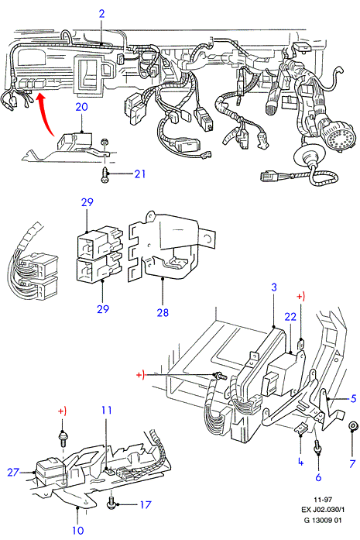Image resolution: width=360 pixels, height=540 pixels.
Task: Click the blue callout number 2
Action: (101, 14)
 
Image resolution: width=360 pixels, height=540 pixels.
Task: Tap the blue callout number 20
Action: (81, 107)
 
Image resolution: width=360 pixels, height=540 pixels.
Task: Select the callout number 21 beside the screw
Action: (139, 174)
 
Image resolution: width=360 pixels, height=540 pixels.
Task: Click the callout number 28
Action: (163, 312)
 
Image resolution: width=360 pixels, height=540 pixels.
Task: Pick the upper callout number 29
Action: (87, 201)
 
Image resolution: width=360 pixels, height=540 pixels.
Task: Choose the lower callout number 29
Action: (103, 309)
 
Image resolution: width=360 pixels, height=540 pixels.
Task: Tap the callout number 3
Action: (274, 287)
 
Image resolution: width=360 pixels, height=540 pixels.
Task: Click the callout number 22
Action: (290, 317)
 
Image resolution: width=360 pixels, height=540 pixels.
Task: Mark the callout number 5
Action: (353, 398)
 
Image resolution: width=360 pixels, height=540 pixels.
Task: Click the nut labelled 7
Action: (352, 426)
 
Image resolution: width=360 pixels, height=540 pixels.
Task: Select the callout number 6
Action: (318, 477)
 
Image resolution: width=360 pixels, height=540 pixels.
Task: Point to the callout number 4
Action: (301, 462)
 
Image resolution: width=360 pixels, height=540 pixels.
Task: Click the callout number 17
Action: (146, 504)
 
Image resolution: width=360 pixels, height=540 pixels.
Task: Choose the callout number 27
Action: (13, 472)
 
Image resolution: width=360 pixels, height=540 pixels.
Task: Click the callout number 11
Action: (107, 410)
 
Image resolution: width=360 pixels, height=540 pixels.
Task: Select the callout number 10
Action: (77, 531)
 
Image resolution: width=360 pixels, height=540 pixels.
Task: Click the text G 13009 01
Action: (323, 520)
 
